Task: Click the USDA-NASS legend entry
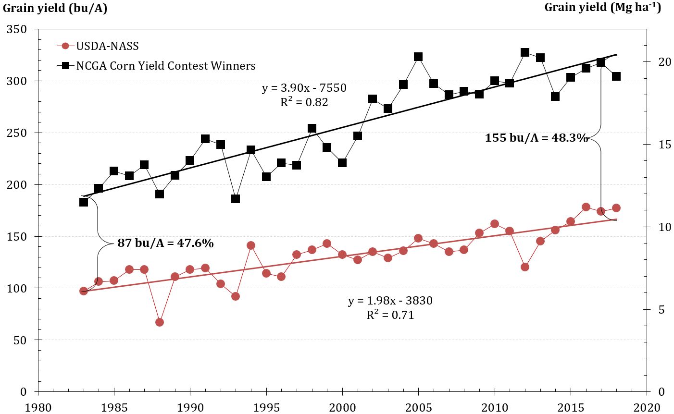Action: click(107, 46)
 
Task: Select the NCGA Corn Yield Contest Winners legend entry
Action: click(165, 66)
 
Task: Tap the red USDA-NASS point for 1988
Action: click(160, 322)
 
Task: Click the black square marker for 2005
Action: click(418, 57)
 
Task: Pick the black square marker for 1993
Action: click(236, 199)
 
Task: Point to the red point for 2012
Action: click(525, 267)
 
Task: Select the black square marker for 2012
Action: click(525, 52)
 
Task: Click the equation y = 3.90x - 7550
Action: click(304, 88)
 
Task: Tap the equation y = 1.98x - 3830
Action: click(390, 301)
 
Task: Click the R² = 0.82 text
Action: click(304, 102)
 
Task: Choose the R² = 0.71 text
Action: click(390, 315)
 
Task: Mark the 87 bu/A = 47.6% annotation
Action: click(165, 243)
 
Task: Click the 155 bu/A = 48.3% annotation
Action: click(536, 138)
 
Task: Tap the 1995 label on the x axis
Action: click(266, 407)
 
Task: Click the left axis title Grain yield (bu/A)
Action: click(55, 8)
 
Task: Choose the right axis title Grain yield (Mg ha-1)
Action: click(602, 7)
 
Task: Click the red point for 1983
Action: click(84, 291)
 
